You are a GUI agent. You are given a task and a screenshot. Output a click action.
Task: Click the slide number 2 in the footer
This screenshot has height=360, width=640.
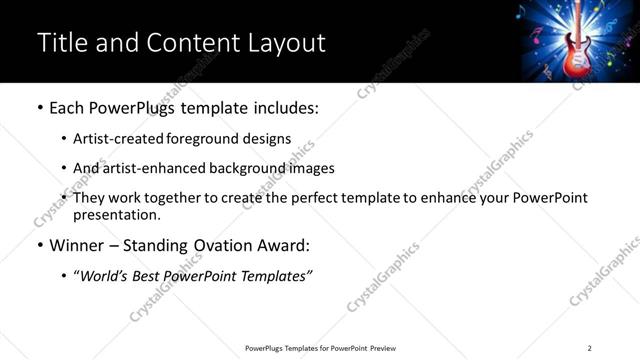click(589, 347)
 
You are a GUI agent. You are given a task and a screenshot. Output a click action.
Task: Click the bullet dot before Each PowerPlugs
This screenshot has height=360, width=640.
click(39, 107)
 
